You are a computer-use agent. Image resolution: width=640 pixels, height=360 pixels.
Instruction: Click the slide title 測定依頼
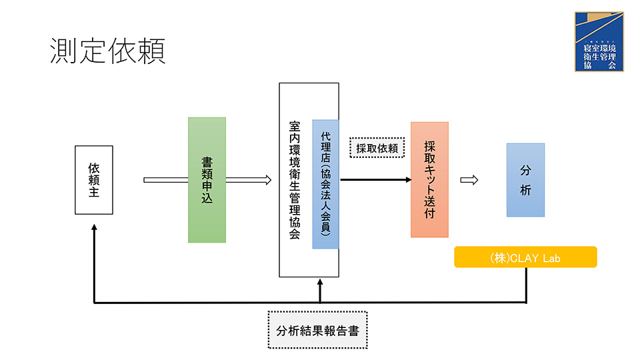(107, 51)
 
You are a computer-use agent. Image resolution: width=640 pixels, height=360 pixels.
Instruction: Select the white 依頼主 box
(94, 180)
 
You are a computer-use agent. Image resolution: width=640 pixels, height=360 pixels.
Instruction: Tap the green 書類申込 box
(207, 180)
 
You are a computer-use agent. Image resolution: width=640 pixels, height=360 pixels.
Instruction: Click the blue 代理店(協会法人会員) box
(325, 184)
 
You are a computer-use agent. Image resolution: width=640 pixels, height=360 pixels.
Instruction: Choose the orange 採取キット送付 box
(429, 180)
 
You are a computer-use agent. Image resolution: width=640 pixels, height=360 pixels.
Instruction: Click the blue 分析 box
(525, 180)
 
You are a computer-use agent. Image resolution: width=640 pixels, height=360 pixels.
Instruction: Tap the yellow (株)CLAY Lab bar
(525, 257)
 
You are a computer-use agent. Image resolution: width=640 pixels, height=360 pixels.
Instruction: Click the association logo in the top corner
(599, 41)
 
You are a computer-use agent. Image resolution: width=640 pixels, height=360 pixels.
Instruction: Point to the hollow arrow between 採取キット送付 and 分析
(469, 180)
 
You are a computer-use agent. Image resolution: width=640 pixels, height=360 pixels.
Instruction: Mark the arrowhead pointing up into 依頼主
(94, 227)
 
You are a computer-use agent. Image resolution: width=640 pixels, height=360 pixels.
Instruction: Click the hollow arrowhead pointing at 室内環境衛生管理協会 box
(267, 180)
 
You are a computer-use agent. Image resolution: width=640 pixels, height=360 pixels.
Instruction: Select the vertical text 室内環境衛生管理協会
(295, 180)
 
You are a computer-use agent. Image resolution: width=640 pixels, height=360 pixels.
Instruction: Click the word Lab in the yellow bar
(551, 257)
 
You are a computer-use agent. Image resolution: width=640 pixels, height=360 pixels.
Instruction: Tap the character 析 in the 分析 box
(525, 190)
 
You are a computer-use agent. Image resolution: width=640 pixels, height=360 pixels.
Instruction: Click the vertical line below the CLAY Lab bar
(526, 285)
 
